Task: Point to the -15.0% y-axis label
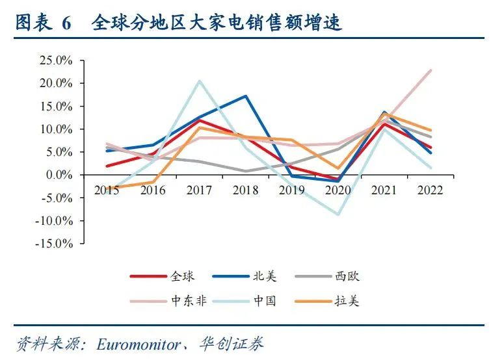click(x=55, y=244)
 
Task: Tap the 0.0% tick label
click(x=60, y=175)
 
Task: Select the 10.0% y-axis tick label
click(x=57, y=129)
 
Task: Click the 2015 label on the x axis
click(x=106, y=190)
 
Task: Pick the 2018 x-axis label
click(x=245, y=190)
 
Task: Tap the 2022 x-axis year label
click(x=430, y=190)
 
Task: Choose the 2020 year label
click(x=338, y=190)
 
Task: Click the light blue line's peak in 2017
click(x=199, y=81)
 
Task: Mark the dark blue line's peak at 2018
click(x=245, y=96)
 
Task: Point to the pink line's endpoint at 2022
click(x=431, y=70)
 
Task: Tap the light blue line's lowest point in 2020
click(x=338, y=214)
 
